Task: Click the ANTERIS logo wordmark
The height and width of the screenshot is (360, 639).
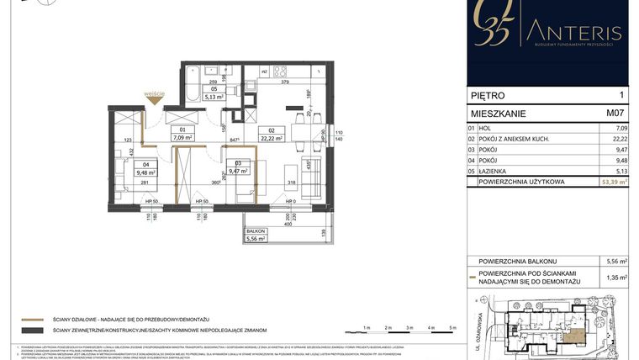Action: click(x=574, y=33)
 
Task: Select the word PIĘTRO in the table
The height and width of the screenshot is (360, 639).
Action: click(x=490, y=96)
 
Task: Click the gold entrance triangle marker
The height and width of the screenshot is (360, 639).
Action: click(x=154, y=99)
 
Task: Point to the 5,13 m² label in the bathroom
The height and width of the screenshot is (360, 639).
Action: click(x=214, y=97)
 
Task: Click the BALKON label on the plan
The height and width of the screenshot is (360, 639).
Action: click(x=256, y=230)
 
